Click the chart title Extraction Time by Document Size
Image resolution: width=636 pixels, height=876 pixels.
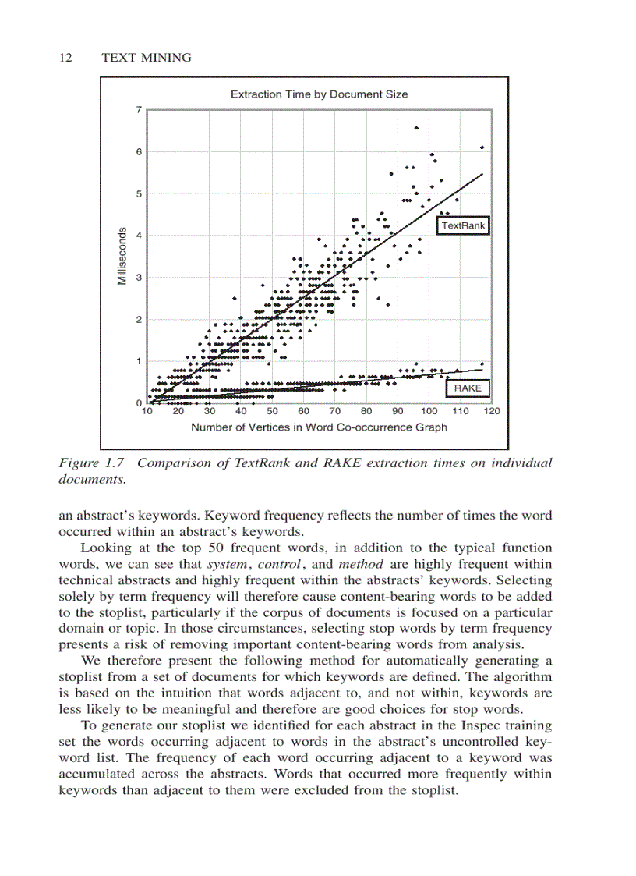click(x=319, y=94)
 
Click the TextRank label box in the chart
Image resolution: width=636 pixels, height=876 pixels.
click(x=463, y=225)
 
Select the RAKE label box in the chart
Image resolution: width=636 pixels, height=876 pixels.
click(x=468, y=388)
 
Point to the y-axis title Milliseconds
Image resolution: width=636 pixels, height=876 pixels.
click(x=122, y=256)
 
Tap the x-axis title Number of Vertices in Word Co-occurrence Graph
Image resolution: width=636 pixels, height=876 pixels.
click(x=319, y=427)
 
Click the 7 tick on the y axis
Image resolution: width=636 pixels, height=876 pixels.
click(x=139, y=109)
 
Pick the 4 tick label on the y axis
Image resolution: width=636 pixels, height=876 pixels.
click(x=139, y=236)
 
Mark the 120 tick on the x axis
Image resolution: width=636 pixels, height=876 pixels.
click(x=492, y=411)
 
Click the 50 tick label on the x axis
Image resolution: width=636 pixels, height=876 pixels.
click(x=272, y=411)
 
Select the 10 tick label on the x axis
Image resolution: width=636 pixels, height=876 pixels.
click(x=147, y=411)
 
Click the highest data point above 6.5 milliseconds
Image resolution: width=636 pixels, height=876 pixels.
click(x=416, y=128)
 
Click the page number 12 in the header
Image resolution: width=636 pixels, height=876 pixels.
click(x=66, y=58)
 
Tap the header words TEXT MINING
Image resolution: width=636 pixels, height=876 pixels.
click(x=147, y=58)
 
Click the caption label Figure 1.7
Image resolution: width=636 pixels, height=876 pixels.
click(x=92, y=463)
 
